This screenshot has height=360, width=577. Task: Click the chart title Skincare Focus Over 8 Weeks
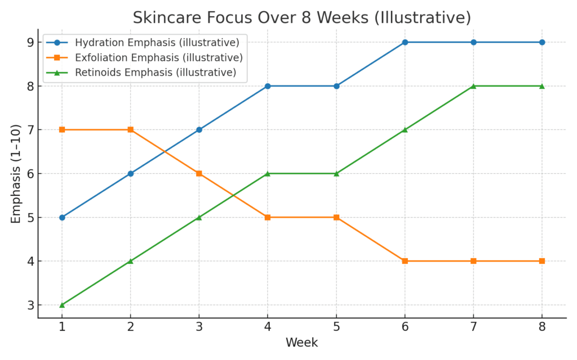coord(301,17)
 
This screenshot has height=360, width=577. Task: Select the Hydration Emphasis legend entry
coord(157,43)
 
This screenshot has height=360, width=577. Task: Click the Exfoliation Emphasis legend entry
coord(158,57)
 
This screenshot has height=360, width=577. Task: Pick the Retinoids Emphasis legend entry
coord(155,72)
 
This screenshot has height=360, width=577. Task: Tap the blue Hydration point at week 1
coord(62,217)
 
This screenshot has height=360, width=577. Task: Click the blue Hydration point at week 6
coord(405,42)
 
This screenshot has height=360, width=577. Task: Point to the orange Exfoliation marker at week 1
coord(62,129)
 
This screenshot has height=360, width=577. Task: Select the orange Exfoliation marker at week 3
coord(199,173)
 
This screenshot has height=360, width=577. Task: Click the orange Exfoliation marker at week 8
coord(542,261)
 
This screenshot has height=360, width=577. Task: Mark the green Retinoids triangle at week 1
coord(62,305)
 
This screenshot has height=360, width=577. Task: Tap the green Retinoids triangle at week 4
coord(268,173)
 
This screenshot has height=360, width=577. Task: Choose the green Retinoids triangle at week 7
coord(473,86)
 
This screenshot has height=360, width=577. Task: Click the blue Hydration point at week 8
coord(542,42)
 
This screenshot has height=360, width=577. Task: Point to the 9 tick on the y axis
coord(31,42)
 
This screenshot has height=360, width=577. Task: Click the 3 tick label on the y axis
coord(31,305)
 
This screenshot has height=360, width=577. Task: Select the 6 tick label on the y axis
coord(31,173)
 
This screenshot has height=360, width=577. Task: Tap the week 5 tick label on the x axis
coord(336,328)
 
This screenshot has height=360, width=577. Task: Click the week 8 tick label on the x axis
coord(542,328)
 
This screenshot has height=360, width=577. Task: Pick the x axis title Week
coord(301,343)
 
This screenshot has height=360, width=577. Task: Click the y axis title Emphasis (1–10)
coord(15,173)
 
